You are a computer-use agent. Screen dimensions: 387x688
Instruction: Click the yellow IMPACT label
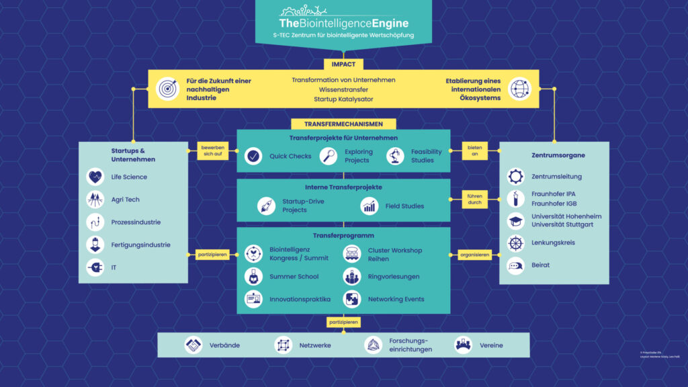(343, 64)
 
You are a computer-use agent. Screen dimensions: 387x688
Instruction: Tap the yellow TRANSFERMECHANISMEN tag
(343, 124)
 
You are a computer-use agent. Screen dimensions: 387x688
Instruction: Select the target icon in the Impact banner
(167, 89)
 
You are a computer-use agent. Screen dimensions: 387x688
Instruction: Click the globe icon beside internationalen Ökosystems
(519, 89)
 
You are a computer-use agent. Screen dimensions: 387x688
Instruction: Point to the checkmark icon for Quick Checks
(253, 157)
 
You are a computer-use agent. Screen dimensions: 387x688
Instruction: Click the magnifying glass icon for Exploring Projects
(328, 157)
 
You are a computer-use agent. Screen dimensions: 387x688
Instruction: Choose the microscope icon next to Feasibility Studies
(395, 157)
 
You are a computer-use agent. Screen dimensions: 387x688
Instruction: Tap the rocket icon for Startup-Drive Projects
(267, 206)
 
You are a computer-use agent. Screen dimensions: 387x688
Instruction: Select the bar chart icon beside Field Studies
(370, 206)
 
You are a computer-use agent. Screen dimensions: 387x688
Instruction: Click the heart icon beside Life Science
(95, 177)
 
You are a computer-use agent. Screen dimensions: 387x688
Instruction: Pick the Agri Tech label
(126, 200)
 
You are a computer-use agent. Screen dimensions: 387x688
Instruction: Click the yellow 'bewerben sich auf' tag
(209, 150)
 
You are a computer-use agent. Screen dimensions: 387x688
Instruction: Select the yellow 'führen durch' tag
(475, 199)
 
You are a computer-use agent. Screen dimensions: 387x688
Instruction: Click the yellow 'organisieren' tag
(475, 255)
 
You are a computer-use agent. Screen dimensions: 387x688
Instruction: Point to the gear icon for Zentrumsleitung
(515, 177)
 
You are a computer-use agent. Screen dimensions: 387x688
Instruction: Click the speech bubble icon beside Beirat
(515, 265)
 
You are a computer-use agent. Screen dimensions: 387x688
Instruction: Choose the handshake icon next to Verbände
(193, 345)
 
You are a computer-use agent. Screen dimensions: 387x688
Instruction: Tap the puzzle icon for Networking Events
(352, 299)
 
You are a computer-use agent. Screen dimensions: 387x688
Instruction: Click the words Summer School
(294, 276)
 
